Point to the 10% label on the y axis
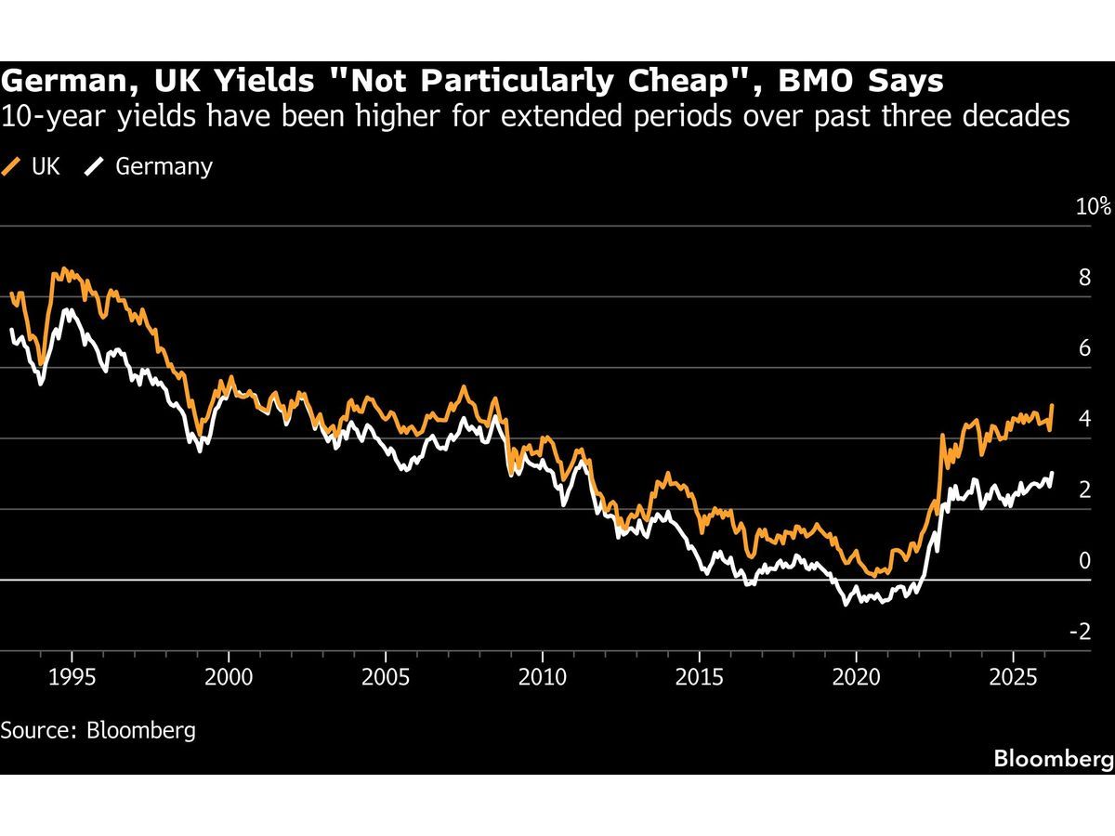[1094, 206]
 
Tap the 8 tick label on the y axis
[1083, 278]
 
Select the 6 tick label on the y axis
[1083, 348]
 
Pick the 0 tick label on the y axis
[1083, 560]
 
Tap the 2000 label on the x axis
[229, 674]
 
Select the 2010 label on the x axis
[543, 674]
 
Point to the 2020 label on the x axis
[857, 674]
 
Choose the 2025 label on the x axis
[1014, 674]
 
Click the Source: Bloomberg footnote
[98, 729]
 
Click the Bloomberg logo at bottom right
[1053, 759]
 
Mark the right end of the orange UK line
[1052, 406]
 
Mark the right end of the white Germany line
[1052, 474]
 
